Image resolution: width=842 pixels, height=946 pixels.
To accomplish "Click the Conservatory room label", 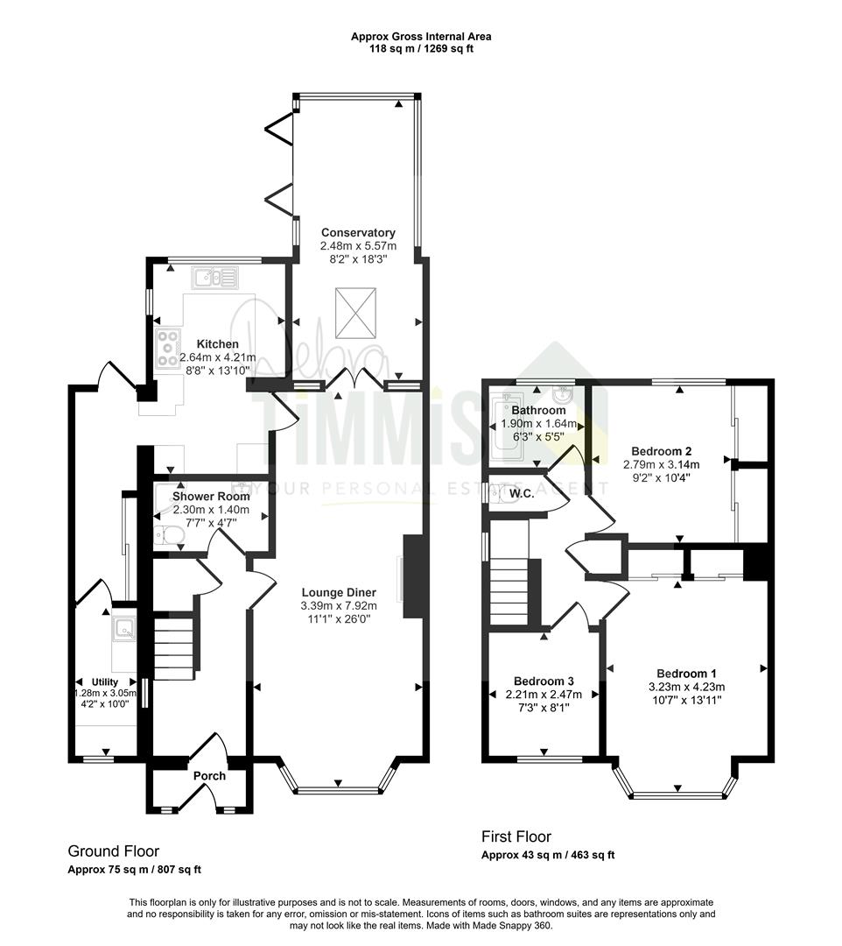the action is point(358,232).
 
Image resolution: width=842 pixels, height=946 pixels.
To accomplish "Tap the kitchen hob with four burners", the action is point(167,348).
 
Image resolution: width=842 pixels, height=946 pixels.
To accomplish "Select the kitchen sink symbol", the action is point(215,278).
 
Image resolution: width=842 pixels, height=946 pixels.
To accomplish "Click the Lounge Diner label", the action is point(339,592).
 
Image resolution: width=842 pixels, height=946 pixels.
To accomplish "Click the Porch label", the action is point(209,776).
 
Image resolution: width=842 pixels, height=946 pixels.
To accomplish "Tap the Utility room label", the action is point(105,681).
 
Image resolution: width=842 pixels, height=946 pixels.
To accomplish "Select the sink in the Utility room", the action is point(124,628).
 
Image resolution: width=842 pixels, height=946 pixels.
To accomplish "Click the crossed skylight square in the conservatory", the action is point(355,313).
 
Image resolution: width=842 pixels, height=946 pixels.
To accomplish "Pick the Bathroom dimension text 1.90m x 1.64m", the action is point(539,424).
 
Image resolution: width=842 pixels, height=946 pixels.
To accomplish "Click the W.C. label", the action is point(522,494).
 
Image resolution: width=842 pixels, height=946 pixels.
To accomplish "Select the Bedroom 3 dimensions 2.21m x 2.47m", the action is point(544,695).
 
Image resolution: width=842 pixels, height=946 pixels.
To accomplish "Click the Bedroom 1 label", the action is point(686,674).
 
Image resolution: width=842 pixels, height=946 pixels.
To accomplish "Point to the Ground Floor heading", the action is point(113,851).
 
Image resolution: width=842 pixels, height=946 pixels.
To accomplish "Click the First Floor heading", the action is point(516,837).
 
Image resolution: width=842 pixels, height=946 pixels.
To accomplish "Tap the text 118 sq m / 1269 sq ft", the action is point(421,49).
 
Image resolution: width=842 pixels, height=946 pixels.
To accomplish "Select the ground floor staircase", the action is point(175,646).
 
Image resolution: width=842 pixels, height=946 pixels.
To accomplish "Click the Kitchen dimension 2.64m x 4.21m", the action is point(218,357).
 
